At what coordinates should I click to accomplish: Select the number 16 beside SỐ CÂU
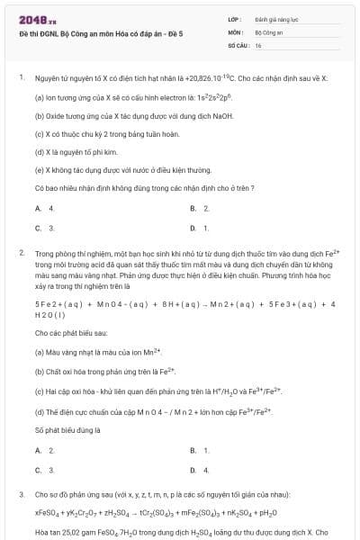257,44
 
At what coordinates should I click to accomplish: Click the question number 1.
20,78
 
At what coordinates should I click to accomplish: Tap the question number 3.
20,495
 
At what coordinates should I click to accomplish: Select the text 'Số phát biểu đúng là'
64,430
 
